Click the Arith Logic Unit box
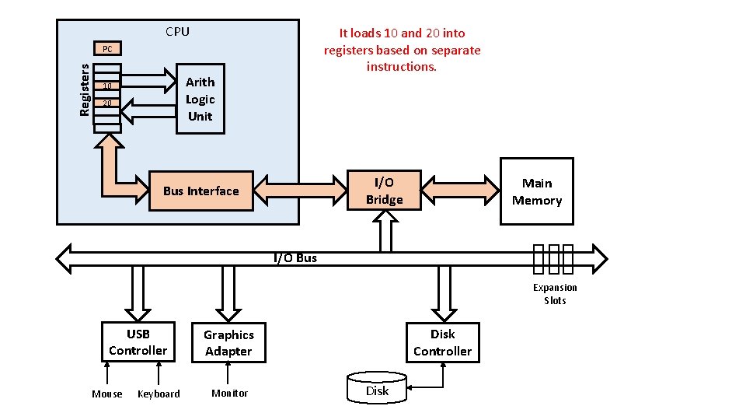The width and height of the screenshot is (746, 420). coord(200,99)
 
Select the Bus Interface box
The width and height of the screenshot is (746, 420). coord(201,191)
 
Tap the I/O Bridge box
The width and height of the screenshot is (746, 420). coord(384,191)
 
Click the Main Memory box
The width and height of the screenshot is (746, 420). coord(536,191)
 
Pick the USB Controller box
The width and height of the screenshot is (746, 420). coord(138,342)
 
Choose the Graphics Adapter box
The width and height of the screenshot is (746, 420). coord(228,343)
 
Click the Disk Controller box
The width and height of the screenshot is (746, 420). coord(442,342)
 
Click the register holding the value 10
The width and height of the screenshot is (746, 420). coord(108,86)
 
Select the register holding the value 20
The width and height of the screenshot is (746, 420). coord(108,103)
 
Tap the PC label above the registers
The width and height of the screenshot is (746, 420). coord(107,49)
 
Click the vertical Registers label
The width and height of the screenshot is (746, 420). coord(85,90)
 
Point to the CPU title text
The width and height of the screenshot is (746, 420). coord(177,32)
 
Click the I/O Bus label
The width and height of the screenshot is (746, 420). coord(295,258)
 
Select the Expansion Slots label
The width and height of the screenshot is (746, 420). coord(555,294)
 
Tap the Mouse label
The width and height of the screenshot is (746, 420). coord(107,394)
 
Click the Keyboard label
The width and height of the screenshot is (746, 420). coord(159,394)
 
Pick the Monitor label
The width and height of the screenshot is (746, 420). coord(230,394)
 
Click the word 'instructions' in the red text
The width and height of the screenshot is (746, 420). coord(402,67)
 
